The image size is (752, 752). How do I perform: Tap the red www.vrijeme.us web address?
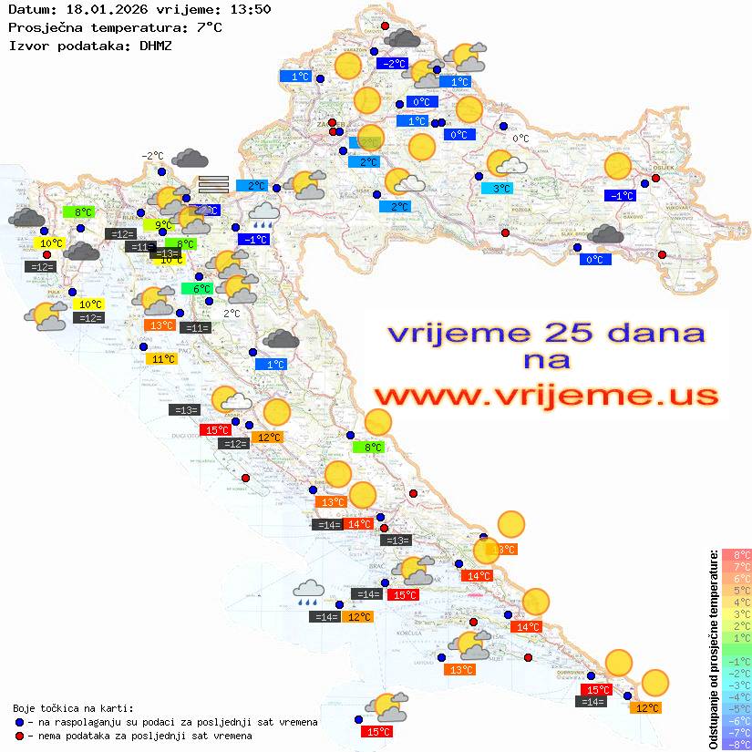click(x=544, y=396)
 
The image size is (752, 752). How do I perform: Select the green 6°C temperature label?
click(x=196, y=289)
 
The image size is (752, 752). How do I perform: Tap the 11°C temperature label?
click(x=161, y=359)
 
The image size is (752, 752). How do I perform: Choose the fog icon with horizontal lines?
click(x=213, y=184)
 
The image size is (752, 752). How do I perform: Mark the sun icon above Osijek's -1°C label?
click(x=618, y=166)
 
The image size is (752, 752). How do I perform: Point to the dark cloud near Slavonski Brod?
click(x=605, y=235)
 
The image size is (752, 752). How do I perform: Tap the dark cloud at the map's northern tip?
click(x=402, y=38)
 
